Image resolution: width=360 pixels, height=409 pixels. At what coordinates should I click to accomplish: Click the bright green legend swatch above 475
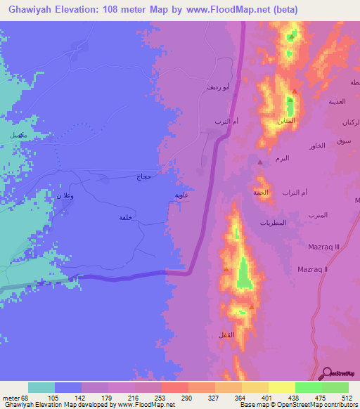[308, 387]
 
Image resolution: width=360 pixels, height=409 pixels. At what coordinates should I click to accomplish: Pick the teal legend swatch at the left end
[41, 387]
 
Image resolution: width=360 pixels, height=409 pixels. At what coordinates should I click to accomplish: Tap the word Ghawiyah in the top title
[34, 10]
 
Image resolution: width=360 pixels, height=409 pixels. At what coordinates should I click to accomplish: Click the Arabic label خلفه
[126, 217]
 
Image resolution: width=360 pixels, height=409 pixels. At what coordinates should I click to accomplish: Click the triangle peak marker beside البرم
[260, 162]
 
